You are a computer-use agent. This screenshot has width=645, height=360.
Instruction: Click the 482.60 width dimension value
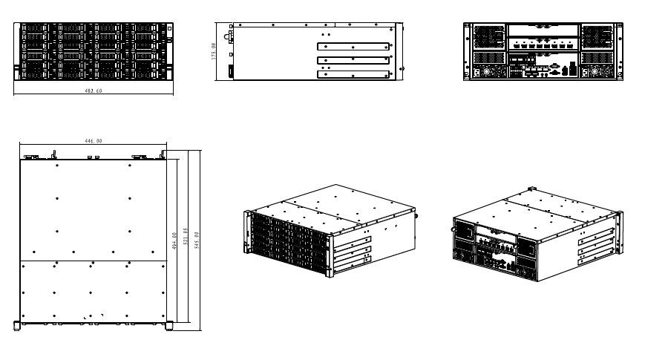(x=94, y=90)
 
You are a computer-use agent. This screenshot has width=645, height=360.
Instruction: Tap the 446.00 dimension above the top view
(x=94, y=141)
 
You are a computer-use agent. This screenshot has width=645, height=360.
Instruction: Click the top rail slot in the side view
(x=353, y=46)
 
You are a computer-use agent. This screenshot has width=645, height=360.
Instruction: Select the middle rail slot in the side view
(x=353, y=59)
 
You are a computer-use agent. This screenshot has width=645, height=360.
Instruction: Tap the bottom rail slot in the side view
(x=353, y=73)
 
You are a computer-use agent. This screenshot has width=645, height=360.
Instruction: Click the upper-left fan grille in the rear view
(x=487, y=36)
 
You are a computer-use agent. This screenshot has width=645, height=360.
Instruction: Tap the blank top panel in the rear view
(x=542, y=30)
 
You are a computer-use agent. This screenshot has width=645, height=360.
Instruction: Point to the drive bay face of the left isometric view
(x=286, y=240)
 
